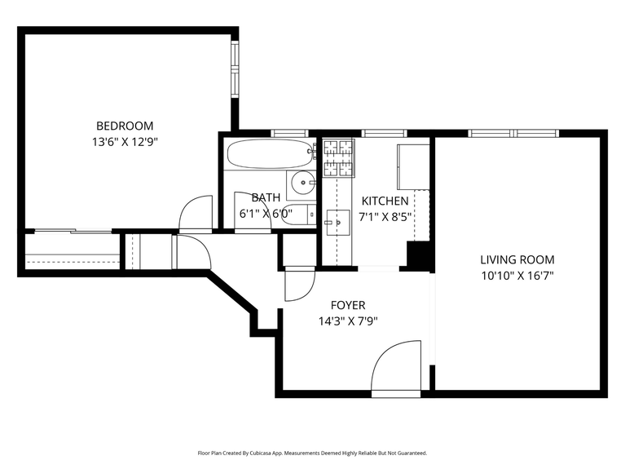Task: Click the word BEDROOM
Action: click(x=125, y=126)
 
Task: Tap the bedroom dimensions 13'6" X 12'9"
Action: click(x=125, y=141)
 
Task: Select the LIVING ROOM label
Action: click(x=517, y=260)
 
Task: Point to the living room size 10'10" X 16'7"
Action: click(x=517, y=276)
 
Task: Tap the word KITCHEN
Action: click(x=385, y=201)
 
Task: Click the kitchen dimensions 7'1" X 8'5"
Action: click(x=385, y=216)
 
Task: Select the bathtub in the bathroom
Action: click(x=270, y=153)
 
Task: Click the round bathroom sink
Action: click(x=303, y=183)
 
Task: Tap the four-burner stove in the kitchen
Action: click(x=339, y=158)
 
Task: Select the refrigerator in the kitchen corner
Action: click(x=413, y=166)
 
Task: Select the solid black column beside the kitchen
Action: click(x=418, y=256)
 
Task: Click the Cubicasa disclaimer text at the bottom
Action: click(x=312, y=453)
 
